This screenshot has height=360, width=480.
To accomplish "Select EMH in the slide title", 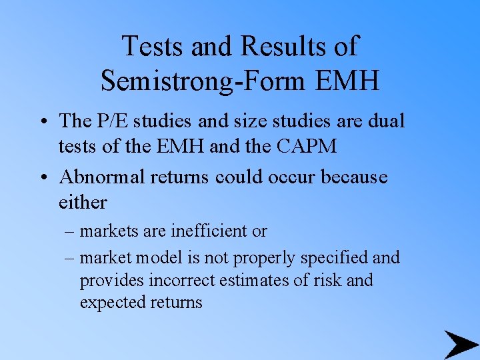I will tap(346, 80).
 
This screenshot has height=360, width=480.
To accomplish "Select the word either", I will tap(83, 202).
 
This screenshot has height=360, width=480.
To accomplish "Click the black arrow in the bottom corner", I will tap(461, 344).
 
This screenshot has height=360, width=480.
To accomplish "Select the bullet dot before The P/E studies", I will tap(42, 122).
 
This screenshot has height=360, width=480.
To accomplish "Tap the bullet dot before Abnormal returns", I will tap(42, 178).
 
